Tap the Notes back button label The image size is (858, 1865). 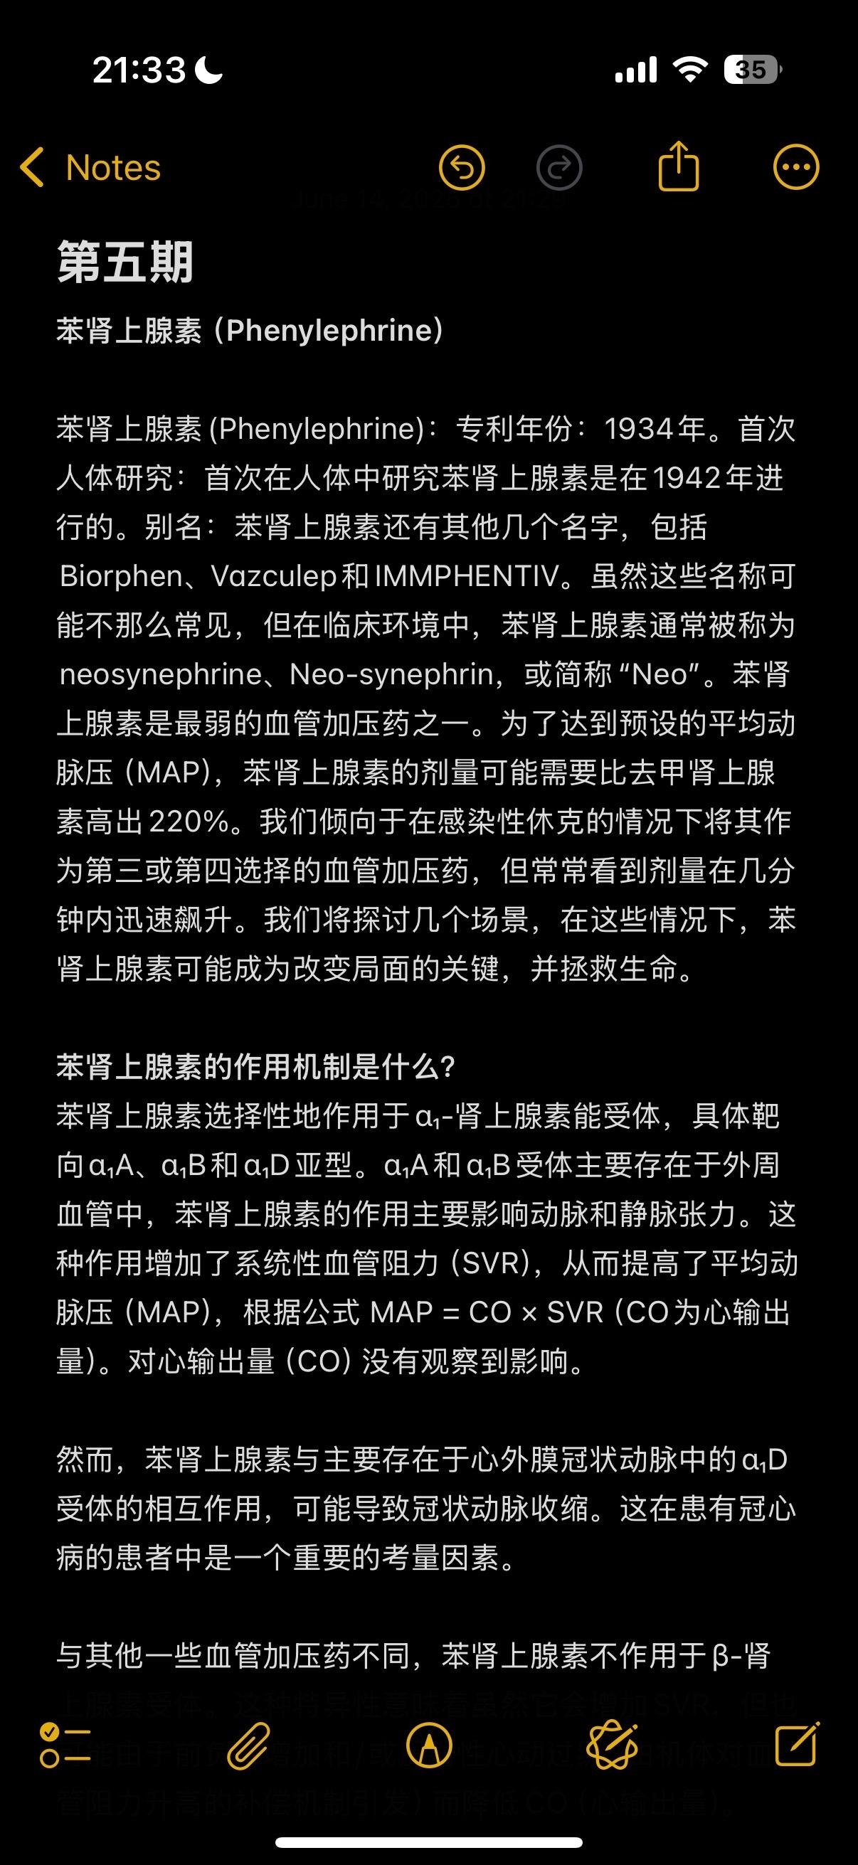pos(113,168)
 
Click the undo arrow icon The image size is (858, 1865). pos(462,168)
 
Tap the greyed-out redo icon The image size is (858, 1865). pos(559,168)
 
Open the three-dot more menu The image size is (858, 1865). pos(795,168)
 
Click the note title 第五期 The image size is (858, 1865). pos(125,262)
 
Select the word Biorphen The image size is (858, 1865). pos(121,576)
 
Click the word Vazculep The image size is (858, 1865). pos(274,576)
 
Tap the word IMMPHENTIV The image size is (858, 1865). pos(467,576)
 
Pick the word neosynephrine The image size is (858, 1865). pos(161,675)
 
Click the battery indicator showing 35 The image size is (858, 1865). pos(752,70)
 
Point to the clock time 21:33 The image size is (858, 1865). pos(139,70)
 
